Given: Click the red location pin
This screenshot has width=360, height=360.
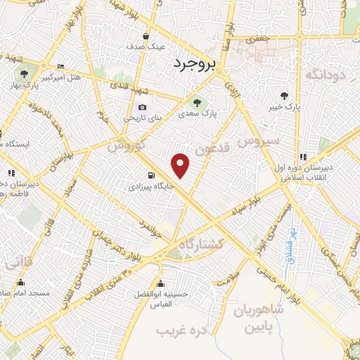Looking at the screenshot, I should [x=181, y=165].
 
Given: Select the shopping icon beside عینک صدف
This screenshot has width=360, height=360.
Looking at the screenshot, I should [x=146, y=35].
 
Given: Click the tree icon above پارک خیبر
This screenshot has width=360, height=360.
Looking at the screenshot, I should [x=284, y=96].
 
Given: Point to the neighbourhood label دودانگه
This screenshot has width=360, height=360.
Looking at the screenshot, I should [x=325, y=73].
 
